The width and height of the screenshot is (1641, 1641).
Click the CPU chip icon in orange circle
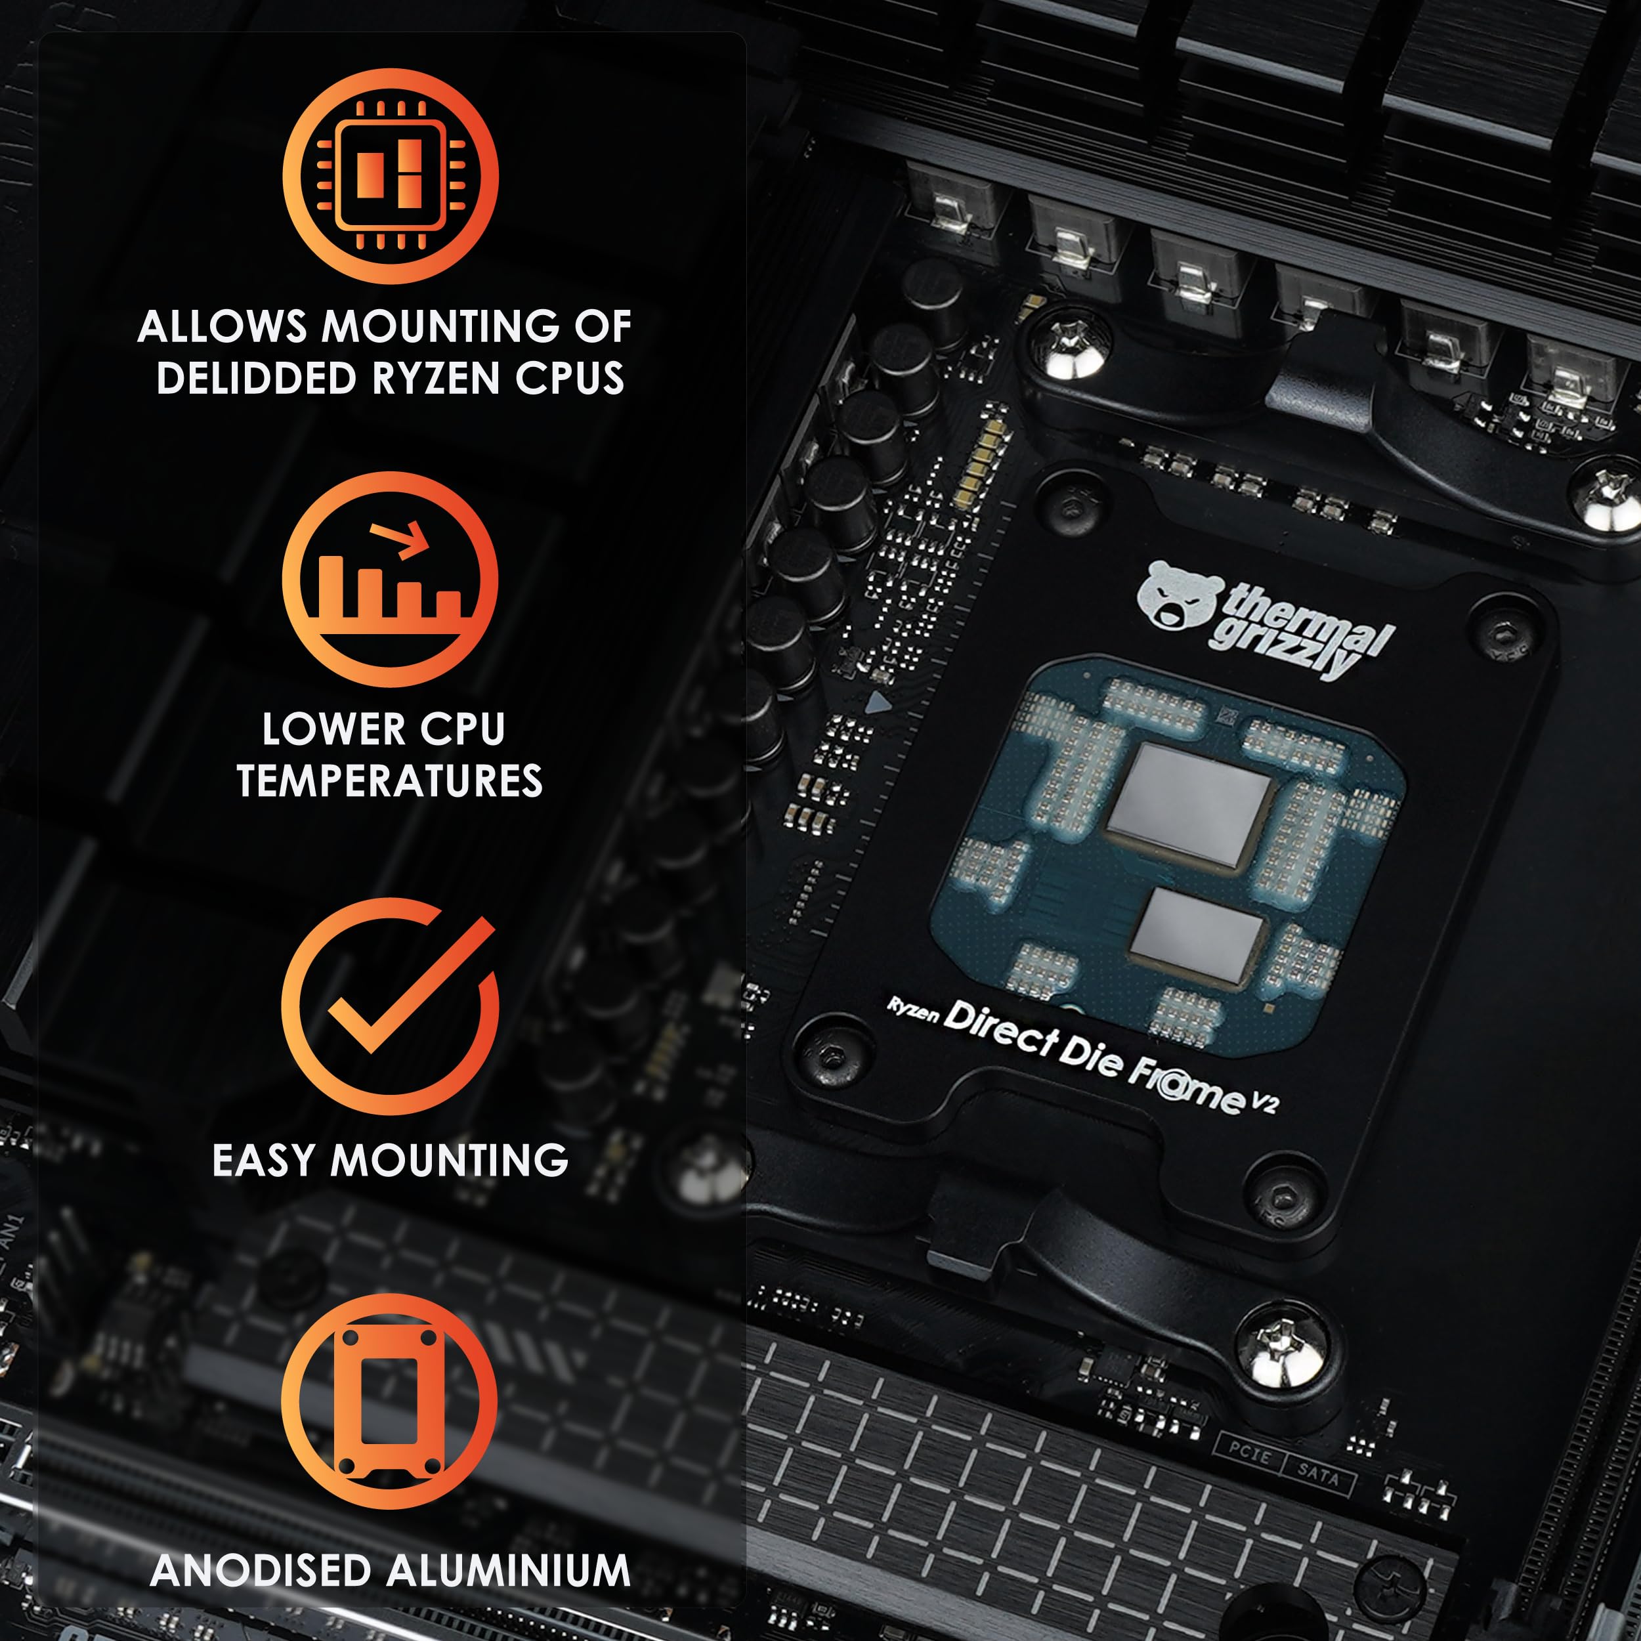[x=390, y=176]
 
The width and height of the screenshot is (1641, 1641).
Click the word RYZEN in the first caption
[x=437, y=378]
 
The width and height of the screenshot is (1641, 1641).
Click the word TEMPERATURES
[x=390, y=780]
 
